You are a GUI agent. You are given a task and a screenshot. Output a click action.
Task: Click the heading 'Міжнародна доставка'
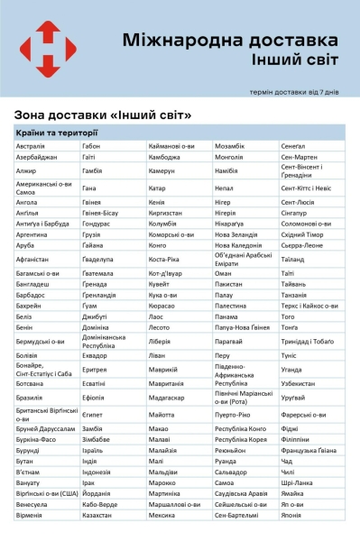[230, 41]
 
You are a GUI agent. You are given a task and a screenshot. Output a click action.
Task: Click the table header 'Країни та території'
[56, 134]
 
